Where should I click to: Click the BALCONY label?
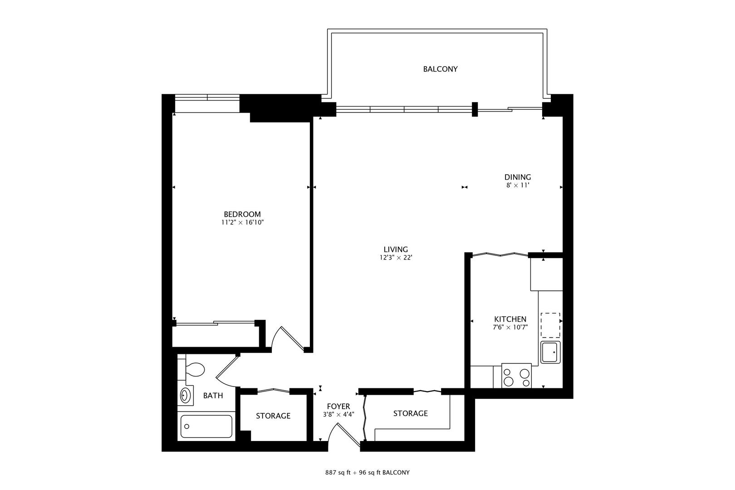pyautogui.click(x=440, y=69)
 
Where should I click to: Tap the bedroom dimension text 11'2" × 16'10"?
pyautogui.click(x=242, y=223)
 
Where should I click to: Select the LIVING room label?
pyautogui.click(x=396, y=250)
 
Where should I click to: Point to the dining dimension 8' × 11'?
pyautogui.click(x=518, y=186)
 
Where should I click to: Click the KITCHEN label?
pyautogui.click(x=510, y=319)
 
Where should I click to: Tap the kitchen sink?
pyautogui.click(x=550, y=353)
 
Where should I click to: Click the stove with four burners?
pyautogui.click(x=516, y=376)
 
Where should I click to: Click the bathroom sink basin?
pyautogui.click(x=185, y=396)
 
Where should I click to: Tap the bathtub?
pyautogui.click(x=206, y=426)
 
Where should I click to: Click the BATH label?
pyautogui.click(x=213, y=396)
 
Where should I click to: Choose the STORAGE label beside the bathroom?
pyautogui.click(x=273, y=416)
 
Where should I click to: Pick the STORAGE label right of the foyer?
pyautogui.click(x=410, y=413)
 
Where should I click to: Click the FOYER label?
pyautogui.click(x=338, y=407)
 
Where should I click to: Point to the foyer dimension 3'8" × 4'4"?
pyautogui.click(x=338, y=414)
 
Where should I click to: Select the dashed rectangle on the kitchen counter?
pyautogui.click(x=550, y=325)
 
